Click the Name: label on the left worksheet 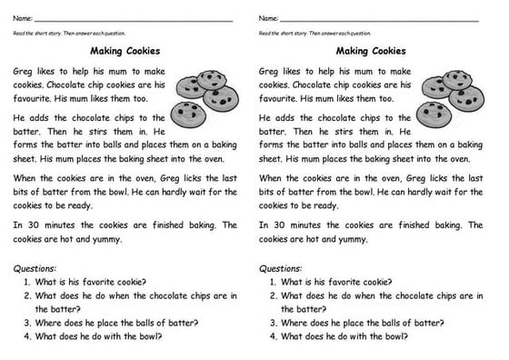pyautogui.click(x=23, y=19)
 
